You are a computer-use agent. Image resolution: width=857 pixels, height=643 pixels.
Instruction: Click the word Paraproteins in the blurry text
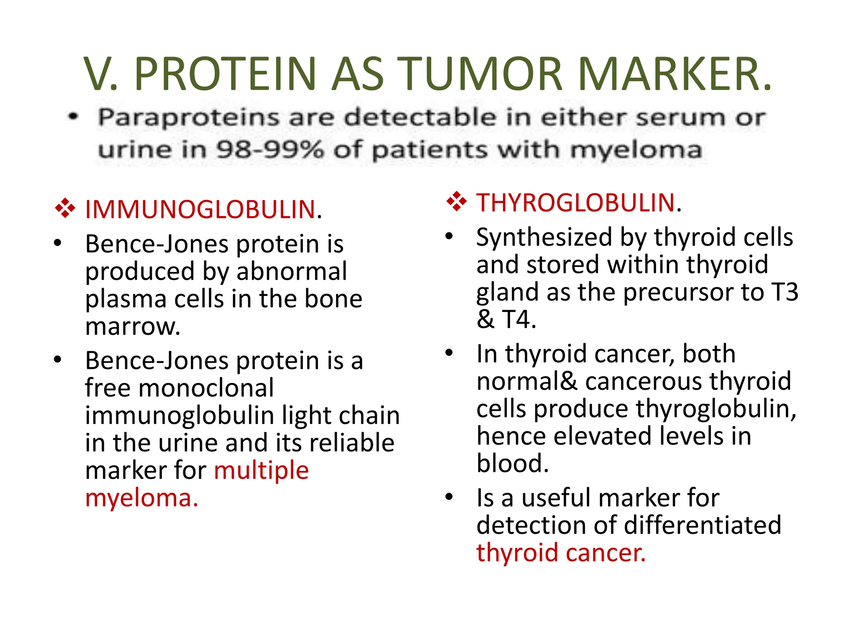click(188, 117)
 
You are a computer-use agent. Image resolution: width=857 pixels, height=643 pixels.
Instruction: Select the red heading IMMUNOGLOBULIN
click(200, 209)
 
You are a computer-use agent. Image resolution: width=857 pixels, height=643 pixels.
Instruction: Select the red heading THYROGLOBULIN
click(576, 203)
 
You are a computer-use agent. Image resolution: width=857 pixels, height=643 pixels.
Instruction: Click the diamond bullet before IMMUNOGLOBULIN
click(65, 208)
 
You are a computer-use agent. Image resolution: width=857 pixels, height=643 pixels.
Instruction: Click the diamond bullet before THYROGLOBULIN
click(456, 201)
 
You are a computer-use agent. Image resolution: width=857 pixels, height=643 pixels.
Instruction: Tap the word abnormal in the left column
click(292, 271)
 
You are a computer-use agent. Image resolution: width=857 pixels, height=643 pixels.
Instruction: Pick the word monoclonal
click(206, 388)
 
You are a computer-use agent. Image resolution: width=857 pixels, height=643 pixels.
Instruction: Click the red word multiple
click(261, 470)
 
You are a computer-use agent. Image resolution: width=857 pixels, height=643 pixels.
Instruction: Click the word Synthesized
click(544, 237)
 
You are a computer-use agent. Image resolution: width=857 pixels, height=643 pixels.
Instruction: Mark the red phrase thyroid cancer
click(561, 553)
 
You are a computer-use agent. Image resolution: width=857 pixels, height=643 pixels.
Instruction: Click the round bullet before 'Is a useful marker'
click(449, 497)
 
